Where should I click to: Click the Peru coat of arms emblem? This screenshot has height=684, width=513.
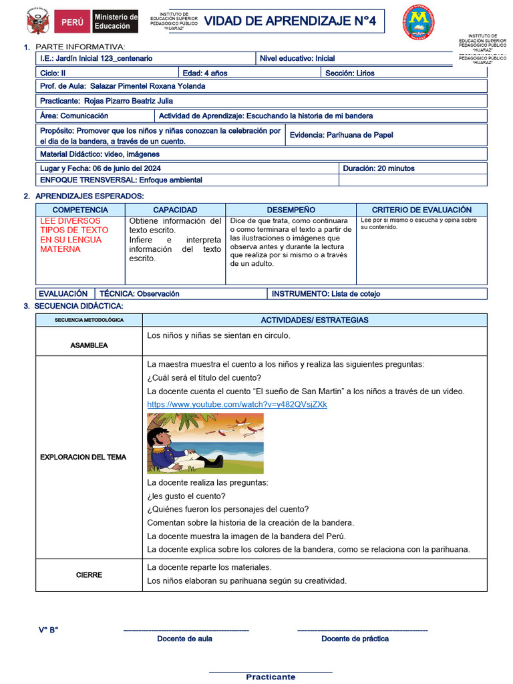click(x=37, y=21)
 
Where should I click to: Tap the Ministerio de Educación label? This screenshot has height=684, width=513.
click(x=115, y=21)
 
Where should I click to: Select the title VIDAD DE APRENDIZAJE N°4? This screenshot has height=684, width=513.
click(x=290, y=21)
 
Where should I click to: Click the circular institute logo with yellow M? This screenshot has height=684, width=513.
click(x=419, y=21)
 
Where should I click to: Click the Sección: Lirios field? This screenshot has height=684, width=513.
click(x=350, y=73)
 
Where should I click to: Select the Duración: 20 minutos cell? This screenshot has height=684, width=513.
click(x=379, y=168)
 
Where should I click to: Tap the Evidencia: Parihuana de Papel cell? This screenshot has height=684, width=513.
click(x=341, y=135)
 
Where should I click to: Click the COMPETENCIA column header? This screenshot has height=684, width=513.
click(x=80, y=210)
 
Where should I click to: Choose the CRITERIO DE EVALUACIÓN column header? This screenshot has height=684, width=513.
click(x=421, y=210)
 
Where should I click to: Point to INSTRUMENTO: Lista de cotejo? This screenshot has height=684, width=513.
click(x=326, y=293)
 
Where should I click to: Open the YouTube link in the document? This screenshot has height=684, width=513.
click(x=236, y=405)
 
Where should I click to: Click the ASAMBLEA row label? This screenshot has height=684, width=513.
click(x=89, y=345)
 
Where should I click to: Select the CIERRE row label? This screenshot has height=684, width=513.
click(x=89, y=574)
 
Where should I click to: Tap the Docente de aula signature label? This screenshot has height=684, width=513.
click(x=185, y=639)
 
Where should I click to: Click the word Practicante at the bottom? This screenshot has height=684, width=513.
click(x=271, y=677)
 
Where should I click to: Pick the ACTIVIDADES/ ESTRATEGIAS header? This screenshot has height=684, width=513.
click(x=314, y=320)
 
